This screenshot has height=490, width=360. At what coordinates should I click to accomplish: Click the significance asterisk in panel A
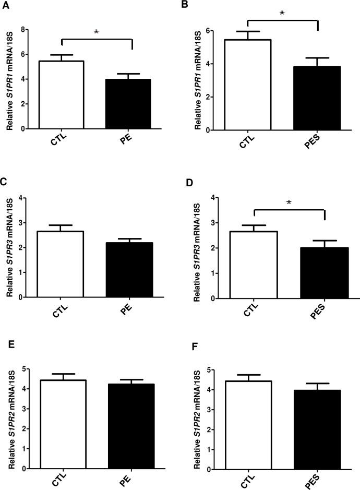click(96, 32)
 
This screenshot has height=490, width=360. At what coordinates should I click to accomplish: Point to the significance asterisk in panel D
click(289, 202)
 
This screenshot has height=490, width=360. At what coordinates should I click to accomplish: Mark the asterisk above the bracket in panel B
click(282, 12)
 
